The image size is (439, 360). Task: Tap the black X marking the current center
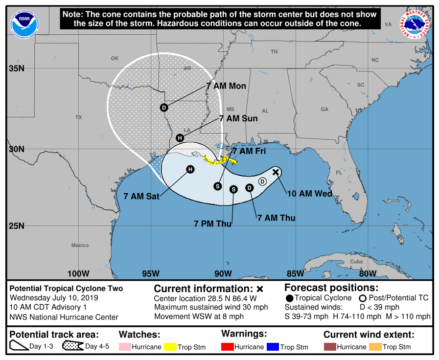click(276, 172)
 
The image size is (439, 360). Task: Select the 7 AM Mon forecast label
click(226, 86)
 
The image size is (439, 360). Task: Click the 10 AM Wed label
click(309, 194)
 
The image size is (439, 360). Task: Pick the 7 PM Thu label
click(212, 224)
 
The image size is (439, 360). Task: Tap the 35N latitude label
click(17, 68)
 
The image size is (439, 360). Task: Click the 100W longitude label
click(78, 273)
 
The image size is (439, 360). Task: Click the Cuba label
click(356, 262)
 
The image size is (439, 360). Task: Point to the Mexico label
click(80, 245)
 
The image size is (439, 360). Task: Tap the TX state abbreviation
click(79, 117)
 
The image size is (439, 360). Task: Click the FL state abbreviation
click(338, 173)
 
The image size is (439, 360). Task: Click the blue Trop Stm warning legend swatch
click(272, 347)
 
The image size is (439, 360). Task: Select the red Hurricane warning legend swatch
click(227, 347)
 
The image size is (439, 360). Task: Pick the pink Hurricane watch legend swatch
click(125, 347)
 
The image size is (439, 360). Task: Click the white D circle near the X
click(262, 181)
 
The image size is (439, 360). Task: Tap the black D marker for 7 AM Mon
click(164, 108)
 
